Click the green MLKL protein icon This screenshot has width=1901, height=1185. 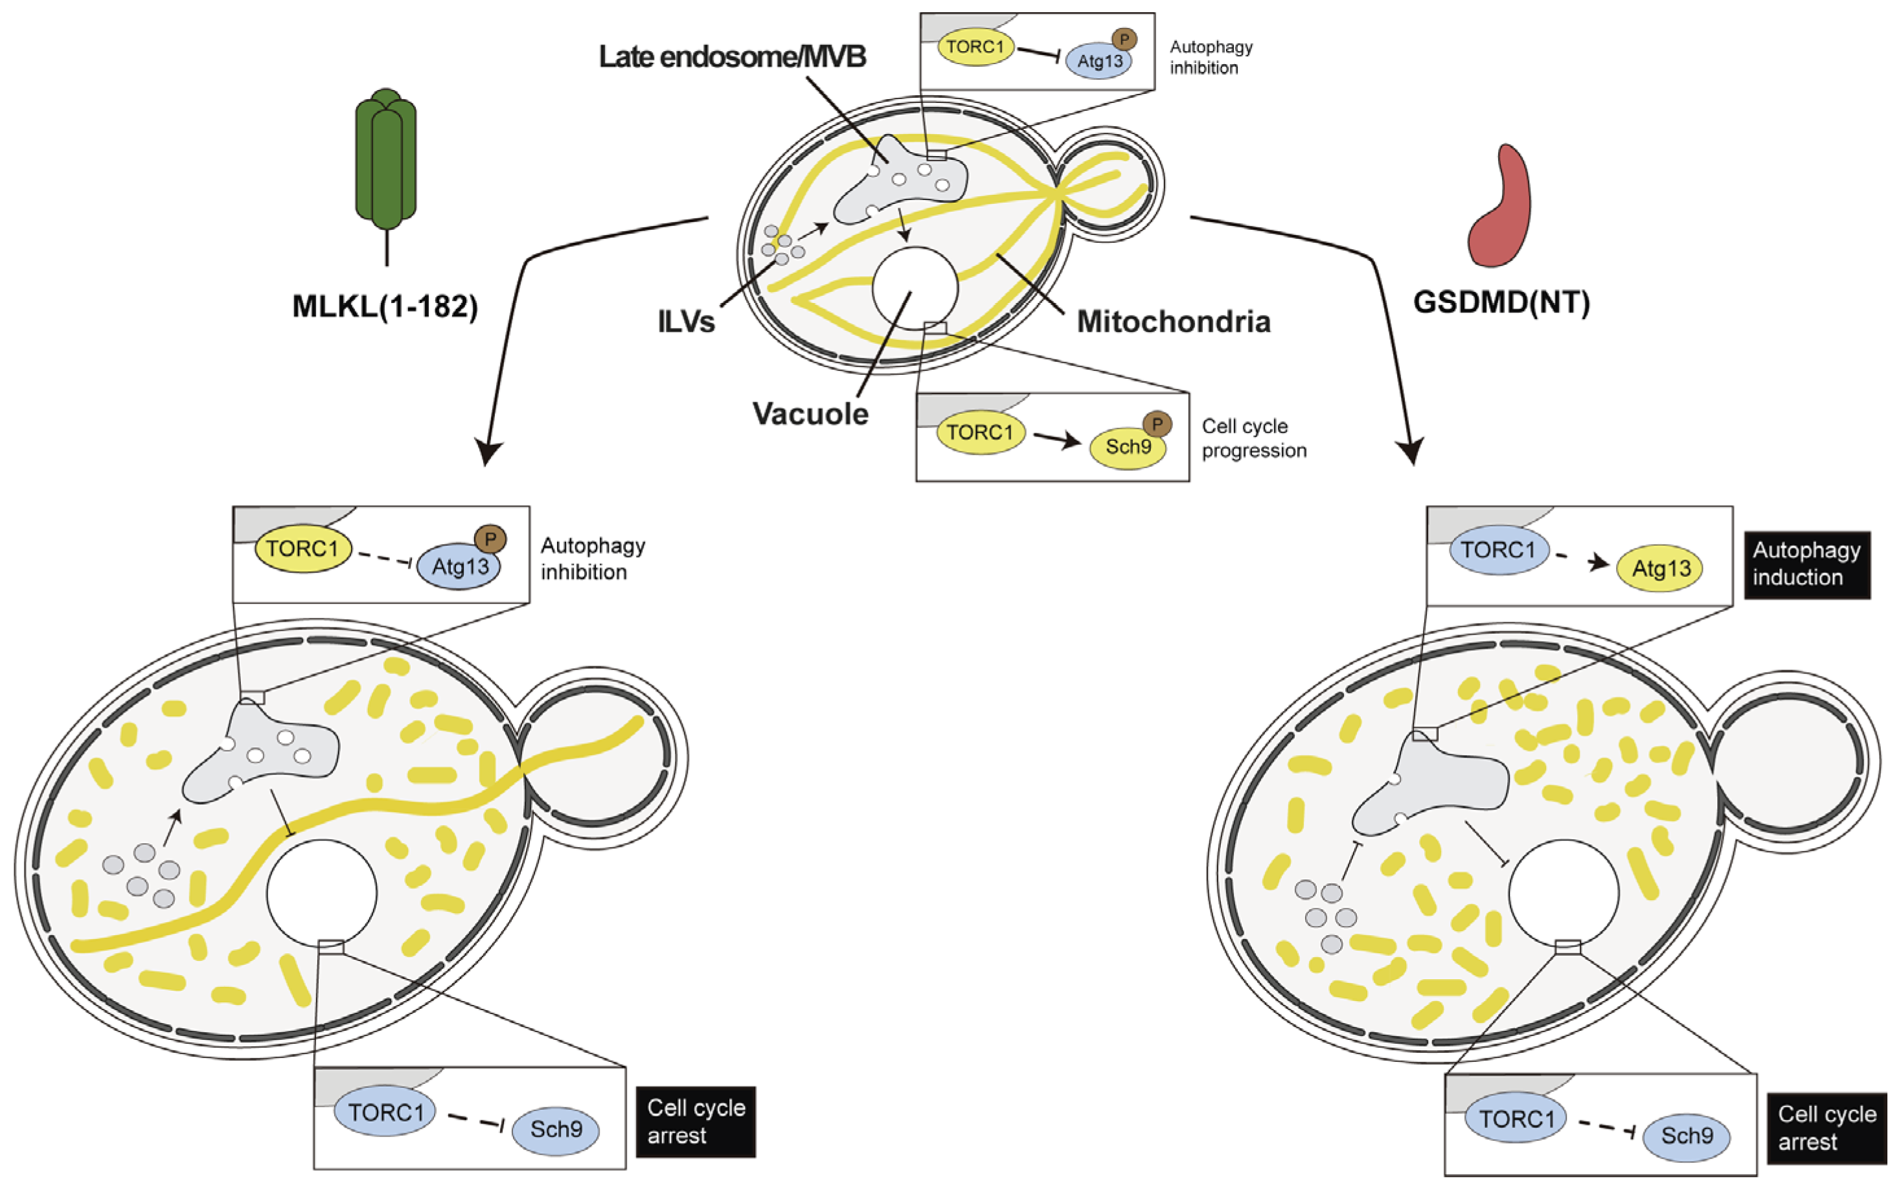pyautogui.click(x=385, y=161)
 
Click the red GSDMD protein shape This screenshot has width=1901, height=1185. pyautogui.click(x=1499, y=206)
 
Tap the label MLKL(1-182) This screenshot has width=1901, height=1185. pyautogui.click(x=385, y=306)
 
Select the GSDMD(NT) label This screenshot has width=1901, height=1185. pyautogui.click(x=1501, y=302)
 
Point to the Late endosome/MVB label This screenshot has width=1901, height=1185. pyautogui.click(x=732, y=56)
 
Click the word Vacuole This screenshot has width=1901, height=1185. pyautogui.click(x=810, y=414)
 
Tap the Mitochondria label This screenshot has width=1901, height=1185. pyautogui.click(x=1174, y=321)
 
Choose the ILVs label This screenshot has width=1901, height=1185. pyautogui.click(x=687, y=321)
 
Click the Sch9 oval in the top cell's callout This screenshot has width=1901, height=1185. pyautogui.click(x=1128, y=447)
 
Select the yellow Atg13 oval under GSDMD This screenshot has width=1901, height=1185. pyautogui.click(x=1660, y=568)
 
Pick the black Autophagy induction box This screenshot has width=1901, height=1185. pyautogui.click(x=1807, y=565)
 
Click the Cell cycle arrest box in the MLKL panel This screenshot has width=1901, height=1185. pyautogui.click(x=696, y=1122)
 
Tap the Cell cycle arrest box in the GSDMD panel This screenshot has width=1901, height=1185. pyautogui.click(x=1827, y=1128)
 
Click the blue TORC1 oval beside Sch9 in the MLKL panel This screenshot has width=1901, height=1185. pyautogui.click(x=385, y=1112)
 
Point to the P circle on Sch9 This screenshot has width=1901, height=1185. pyautogui.click(x=1157, y=424)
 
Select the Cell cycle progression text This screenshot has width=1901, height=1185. pyautogui.click(x=1254, y=438)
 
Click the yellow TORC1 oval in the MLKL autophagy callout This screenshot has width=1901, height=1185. pyautogui.click(x=302, y=548)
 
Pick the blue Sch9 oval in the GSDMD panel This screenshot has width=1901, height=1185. pyautogui.click(x=1686, y=1136)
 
